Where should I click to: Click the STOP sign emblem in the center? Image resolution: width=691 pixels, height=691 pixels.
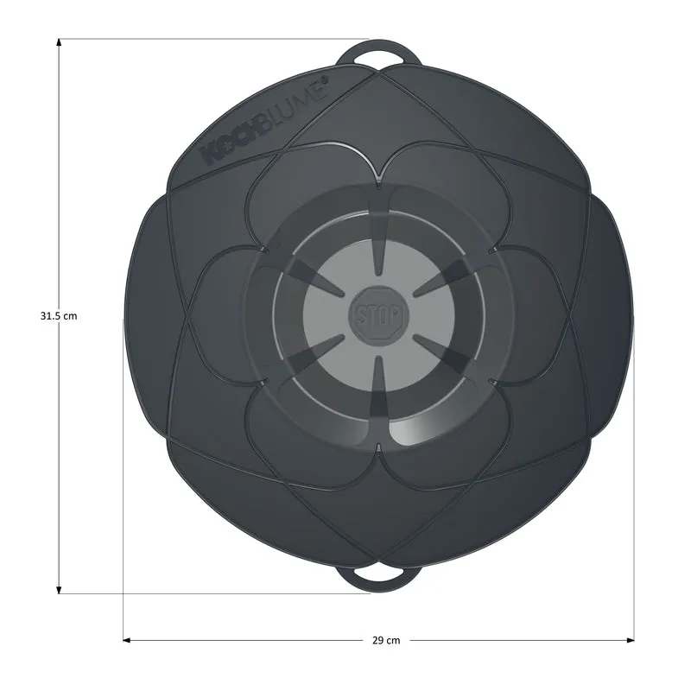click(x=378, y=314)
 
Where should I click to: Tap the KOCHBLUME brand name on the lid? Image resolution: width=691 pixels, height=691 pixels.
click(x=264, y=122)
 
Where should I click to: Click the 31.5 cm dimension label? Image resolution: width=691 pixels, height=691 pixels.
click(x=59, y=316)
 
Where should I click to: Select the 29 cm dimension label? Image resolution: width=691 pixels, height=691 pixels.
click(x=386, y=640)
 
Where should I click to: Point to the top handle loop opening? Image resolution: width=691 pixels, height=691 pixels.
click(x=378, y=59)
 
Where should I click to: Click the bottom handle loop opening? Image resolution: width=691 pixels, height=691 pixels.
click(x=378, y=574)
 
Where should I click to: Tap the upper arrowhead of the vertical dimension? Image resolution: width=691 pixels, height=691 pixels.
click(x=59, y=42)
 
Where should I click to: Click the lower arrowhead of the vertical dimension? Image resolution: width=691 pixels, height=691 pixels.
click(x=59, y=590)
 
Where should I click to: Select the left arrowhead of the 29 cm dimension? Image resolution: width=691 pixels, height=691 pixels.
click(x=127, y=640)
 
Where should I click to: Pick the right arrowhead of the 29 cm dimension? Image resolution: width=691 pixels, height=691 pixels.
click(x=630, y=640)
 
